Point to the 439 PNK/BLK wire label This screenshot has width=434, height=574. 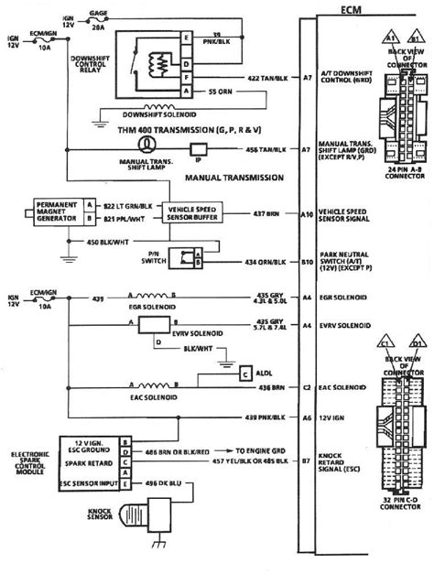[258, 417]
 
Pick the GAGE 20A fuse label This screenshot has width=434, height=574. [98, 20]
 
